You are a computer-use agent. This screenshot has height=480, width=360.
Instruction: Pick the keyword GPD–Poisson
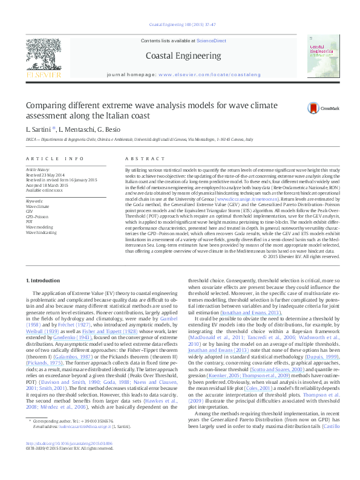tap(37, 216)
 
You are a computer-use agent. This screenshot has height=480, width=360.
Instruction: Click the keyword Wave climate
tap(37, 206)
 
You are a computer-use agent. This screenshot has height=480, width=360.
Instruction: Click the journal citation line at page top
tap(180, 24)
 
